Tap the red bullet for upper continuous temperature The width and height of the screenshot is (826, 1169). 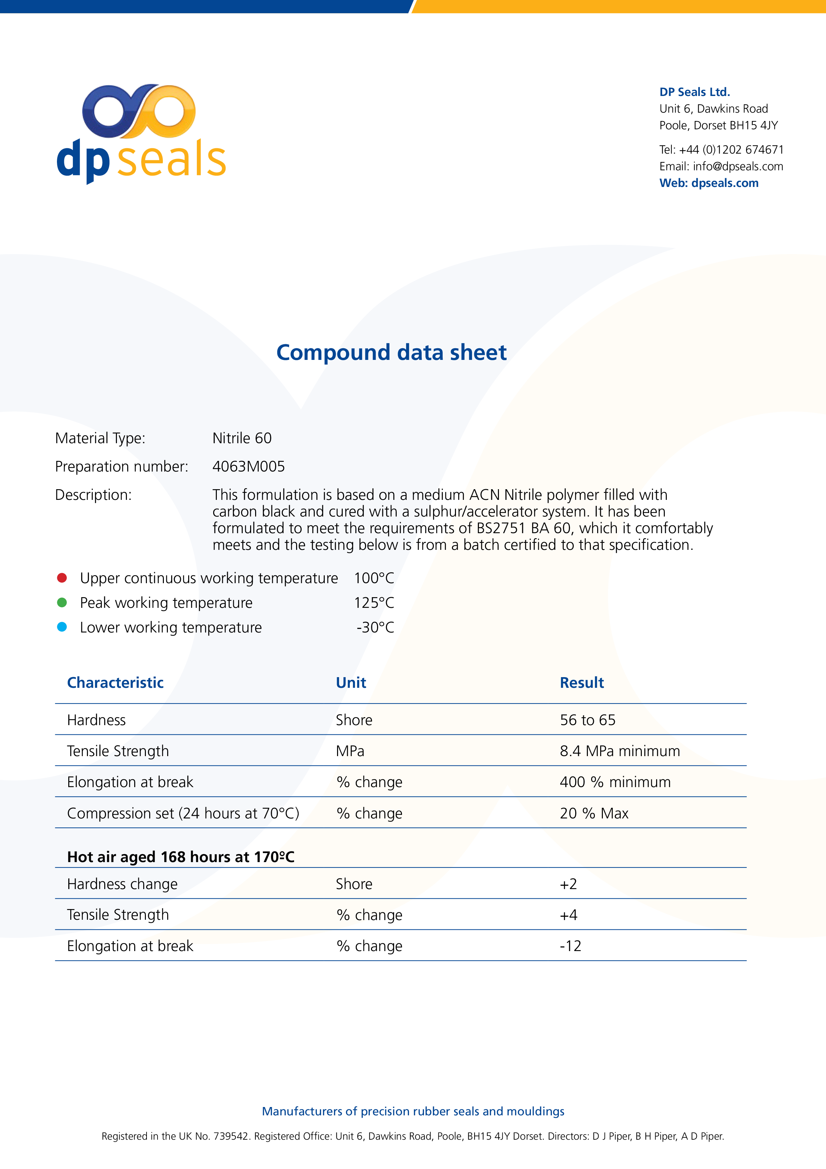click(x=62, y=578)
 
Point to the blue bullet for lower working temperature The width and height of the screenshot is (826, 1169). click(x=62, y=627)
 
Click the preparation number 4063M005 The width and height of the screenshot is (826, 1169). click(x=248, y=467)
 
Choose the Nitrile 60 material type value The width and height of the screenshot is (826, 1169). click(x=242, y=438)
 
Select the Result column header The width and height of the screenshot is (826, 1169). click(x=582, y=683)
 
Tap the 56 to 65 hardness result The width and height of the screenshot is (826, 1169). click(x=587, y=720)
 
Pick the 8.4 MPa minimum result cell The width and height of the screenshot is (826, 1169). click(x=619, y=751)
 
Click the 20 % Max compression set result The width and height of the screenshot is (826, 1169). click(x=594, y=813)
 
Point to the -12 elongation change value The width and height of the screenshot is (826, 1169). click(x=570, y=946)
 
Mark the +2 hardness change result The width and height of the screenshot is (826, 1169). click(x=568, y=884)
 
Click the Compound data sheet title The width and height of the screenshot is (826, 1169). click(x=391, y=352)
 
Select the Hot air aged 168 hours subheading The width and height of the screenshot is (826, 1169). click(x=181, y=857)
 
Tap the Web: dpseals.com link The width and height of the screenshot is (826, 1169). click(x=708, y=183)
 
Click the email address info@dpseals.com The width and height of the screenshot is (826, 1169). click(x=737, y=167)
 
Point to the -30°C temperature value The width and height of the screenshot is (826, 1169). click(x=375, y=627)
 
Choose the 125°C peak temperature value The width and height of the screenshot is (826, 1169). click(x=374, y=603)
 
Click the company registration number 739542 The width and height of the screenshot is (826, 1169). click(x=231, y=1136)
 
